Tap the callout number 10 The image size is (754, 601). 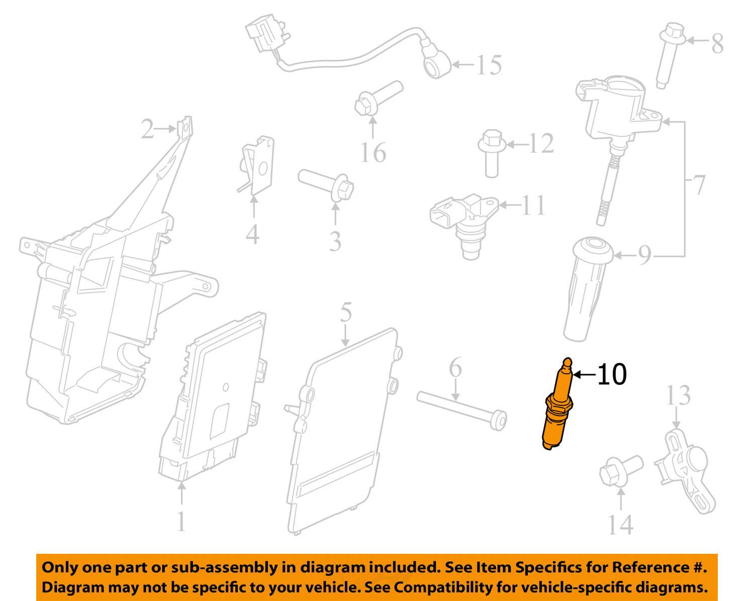point(612,374)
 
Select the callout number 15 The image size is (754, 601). point(489,65)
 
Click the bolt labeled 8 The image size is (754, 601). point(670,56)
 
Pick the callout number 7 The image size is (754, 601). point(698,184)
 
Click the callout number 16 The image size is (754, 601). point(373,152)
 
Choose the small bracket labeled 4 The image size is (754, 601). point(256,165)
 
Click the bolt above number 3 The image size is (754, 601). point(326,185)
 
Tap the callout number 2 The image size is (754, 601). point(147,129)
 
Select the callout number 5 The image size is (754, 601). point(346,312)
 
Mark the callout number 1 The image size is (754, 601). point(181,522)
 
